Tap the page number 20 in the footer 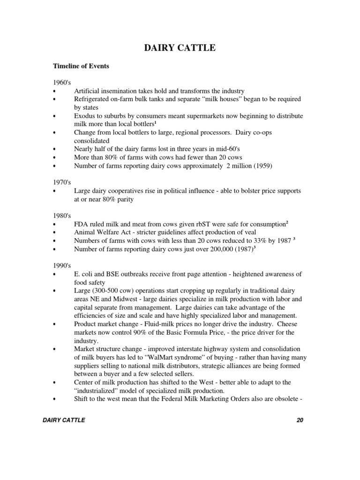pos(300,420)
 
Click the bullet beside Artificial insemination pos(55,91)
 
